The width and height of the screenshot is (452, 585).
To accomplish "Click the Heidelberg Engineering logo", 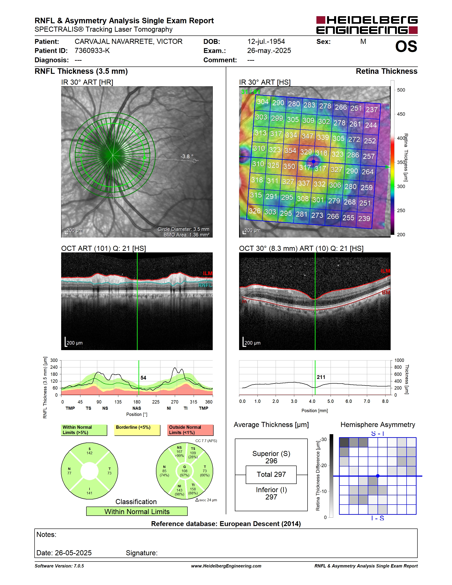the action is [x=367, y=25].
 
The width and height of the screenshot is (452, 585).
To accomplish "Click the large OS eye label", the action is [x=406, y=46].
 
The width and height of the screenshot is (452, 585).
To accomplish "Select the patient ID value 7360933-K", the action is [x=92, y=51].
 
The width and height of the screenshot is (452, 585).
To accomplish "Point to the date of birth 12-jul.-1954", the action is [x=266, y=41].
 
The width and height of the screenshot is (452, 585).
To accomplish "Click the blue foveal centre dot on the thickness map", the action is [x=314, y=162].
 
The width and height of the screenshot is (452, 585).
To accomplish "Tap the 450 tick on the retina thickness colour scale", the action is [x=401, y=114].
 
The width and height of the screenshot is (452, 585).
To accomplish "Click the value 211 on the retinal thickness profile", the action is [x=321, y=377].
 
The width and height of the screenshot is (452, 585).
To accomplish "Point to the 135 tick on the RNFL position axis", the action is [x=118, y=402].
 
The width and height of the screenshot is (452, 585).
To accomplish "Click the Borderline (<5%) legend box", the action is [x=137, y=430].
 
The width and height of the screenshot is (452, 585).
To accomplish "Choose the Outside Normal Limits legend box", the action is [x=190, y=430].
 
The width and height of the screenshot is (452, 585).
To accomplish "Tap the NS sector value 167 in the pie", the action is [x=179, y=452].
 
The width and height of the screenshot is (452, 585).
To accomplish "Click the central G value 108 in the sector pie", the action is [x=185, y=471].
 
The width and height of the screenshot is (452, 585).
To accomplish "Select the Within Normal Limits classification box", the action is [x=137, y=511].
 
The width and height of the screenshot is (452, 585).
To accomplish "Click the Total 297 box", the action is [x=271, y=475].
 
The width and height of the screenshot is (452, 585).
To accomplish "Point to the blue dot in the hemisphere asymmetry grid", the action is [x=378, y=476].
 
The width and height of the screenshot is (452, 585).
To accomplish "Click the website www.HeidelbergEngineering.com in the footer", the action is [x=226, y=566].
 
